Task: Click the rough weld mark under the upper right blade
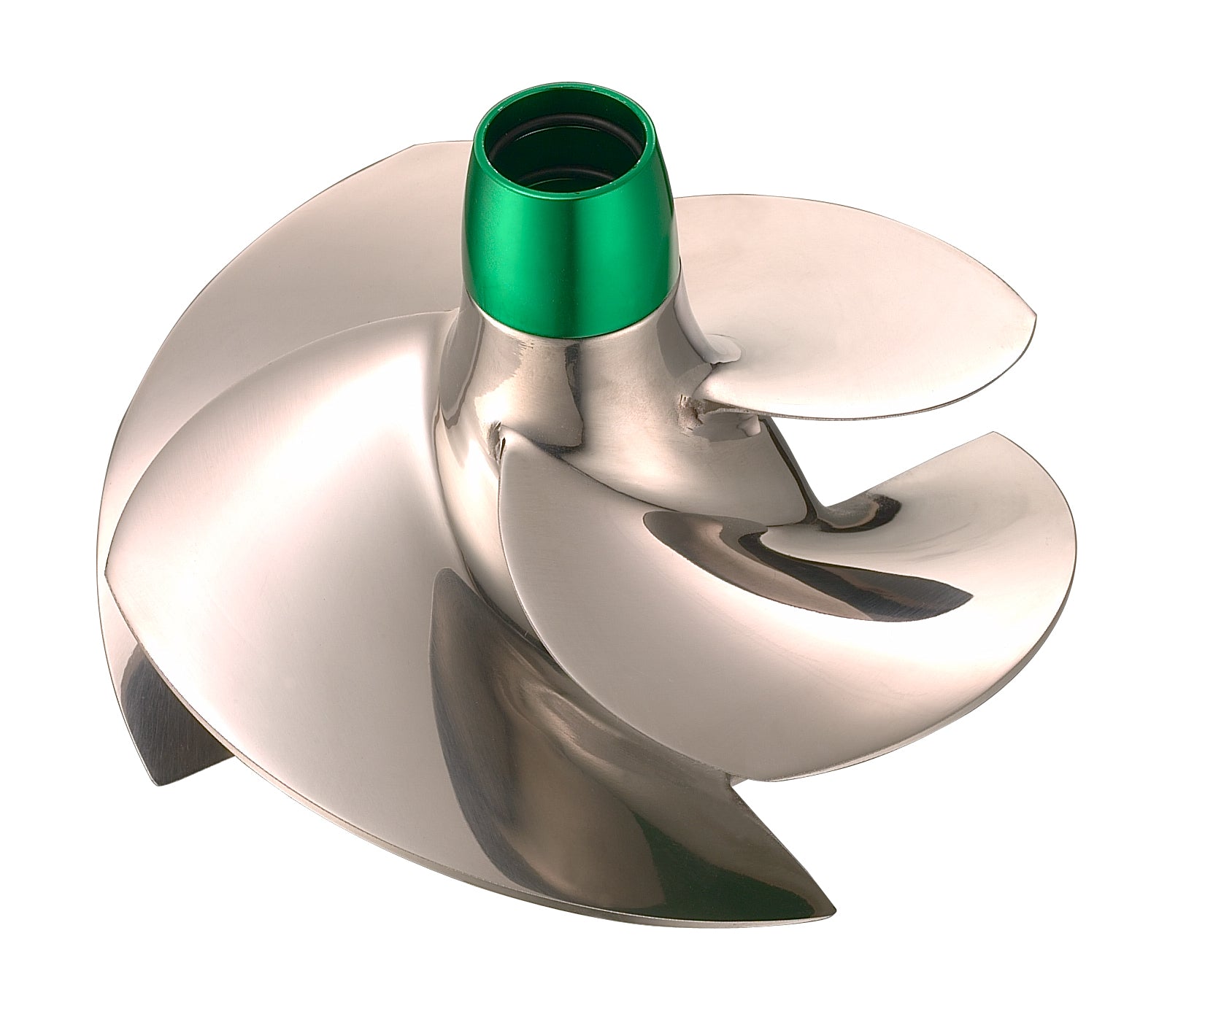(x=690, y=401)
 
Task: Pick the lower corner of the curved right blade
(x=774, y=777)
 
